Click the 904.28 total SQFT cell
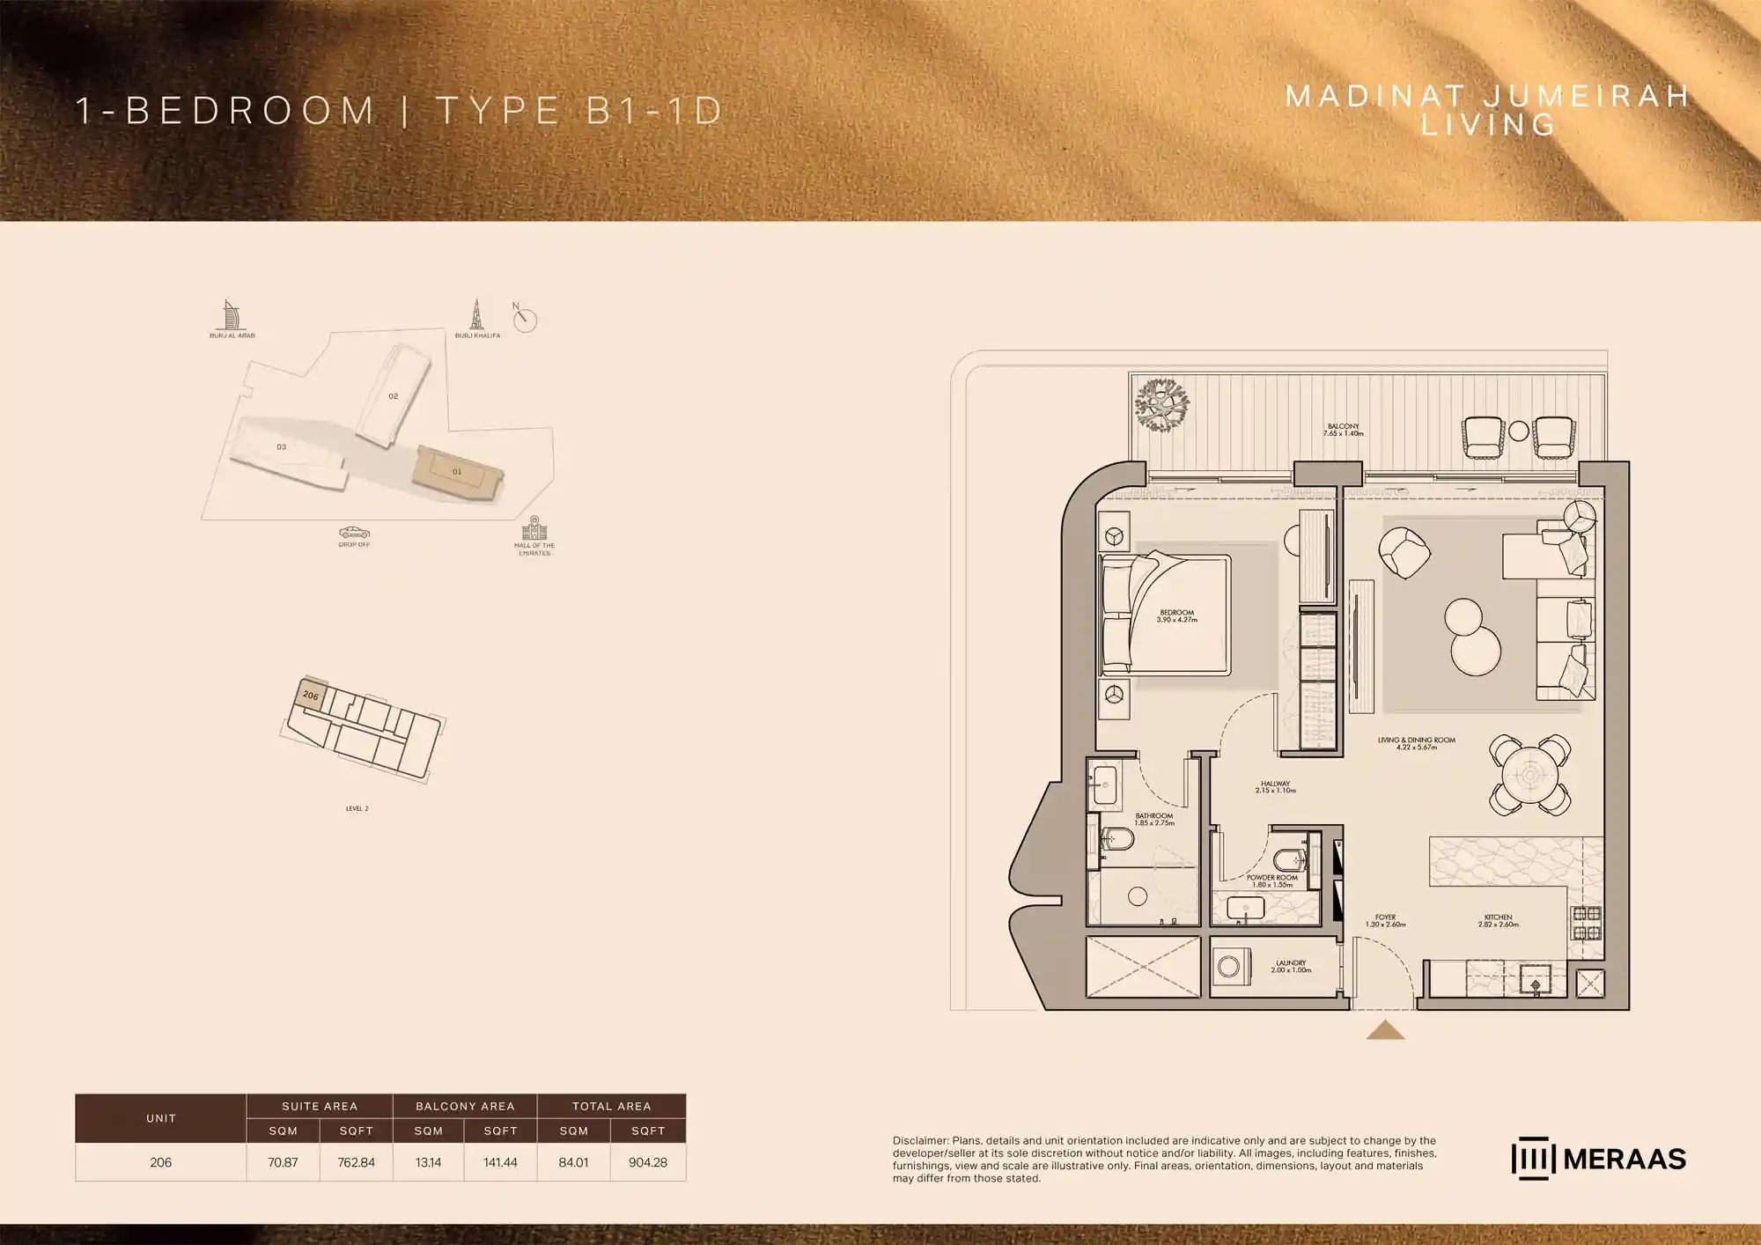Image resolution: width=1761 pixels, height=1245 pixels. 648,1162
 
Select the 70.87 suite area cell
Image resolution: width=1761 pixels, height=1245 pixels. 283,1162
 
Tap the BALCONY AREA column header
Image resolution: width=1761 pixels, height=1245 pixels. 465,1106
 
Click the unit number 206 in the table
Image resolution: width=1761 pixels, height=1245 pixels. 160,1162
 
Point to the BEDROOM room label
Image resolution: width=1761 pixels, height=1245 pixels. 1176,615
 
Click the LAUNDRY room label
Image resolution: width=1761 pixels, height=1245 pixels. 1291,966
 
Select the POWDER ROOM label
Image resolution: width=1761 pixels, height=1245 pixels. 1272,880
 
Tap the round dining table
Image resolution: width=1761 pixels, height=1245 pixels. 1530,776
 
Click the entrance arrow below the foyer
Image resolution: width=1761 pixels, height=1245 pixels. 1385,1030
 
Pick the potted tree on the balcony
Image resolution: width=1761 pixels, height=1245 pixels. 1162,405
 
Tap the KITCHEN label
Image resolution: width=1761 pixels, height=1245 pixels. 1498,920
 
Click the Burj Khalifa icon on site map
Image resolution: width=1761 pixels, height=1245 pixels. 476,315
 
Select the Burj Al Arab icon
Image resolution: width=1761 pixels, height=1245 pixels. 231,315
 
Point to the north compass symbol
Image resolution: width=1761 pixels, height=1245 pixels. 525,319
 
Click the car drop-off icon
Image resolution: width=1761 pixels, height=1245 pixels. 354,533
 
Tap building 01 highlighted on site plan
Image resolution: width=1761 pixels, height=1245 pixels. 457,473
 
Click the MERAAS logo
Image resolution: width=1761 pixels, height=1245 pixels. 1598,1159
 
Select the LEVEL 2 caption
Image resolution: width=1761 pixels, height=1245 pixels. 357,808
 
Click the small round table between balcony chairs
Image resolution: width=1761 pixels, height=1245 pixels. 1518,431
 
